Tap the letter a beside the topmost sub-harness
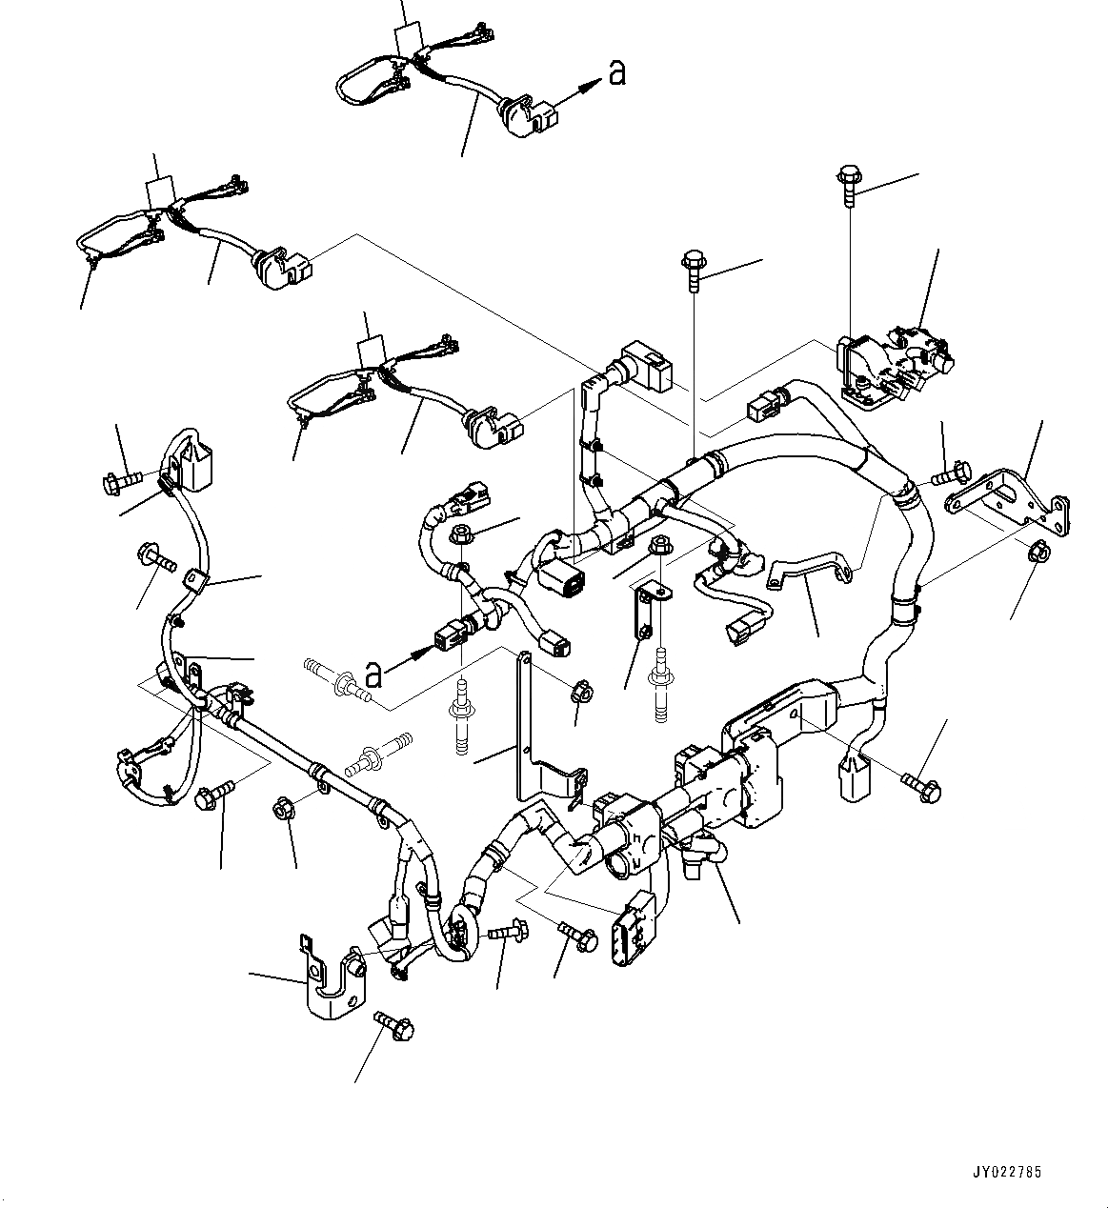tap(617, 71)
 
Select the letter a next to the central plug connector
tap(374, 674)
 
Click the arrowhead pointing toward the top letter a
tap(593, 83)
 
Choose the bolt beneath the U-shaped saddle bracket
tap(396, 1025)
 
